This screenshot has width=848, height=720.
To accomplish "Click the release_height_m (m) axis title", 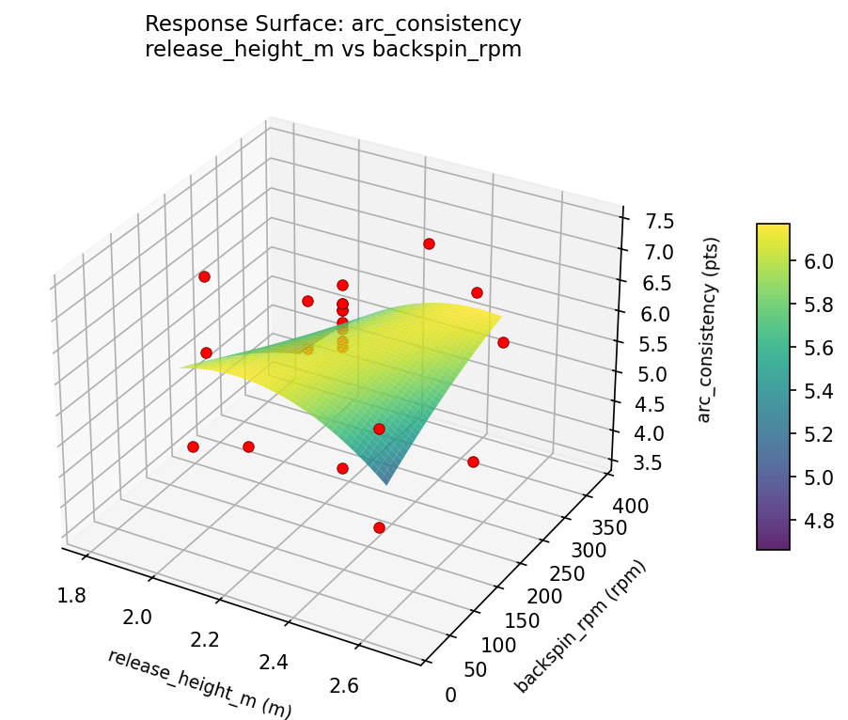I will click(199, 684).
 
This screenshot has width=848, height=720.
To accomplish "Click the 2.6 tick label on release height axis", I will click(343, 685).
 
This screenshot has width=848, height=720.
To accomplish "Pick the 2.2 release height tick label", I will click(204, 639).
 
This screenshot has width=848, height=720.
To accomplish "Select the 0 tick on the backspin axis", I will click(451, 695).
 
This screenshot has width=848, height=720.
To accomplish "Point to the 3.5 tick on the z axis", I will click(638, 462).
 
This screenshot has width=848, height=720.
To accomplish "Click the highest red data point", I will click(429, 243).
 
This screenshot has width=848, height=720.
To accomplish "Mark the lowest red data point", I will click(379, 527).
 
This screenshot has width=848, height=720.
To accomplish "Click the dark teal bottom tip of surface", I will click(386, 482).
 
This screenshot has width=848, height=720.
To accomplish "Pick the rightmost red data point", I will click(503, 342).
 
